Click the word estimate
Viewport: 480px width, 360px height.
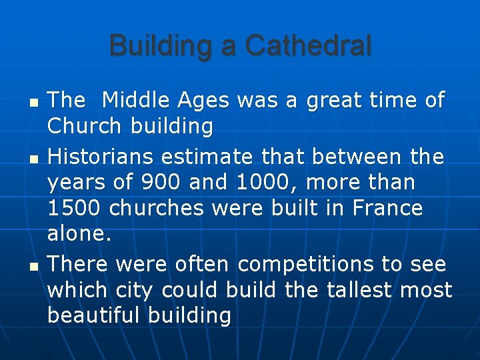click(214, 157)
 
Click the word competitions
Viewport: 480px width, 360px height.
click(306, 265)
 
